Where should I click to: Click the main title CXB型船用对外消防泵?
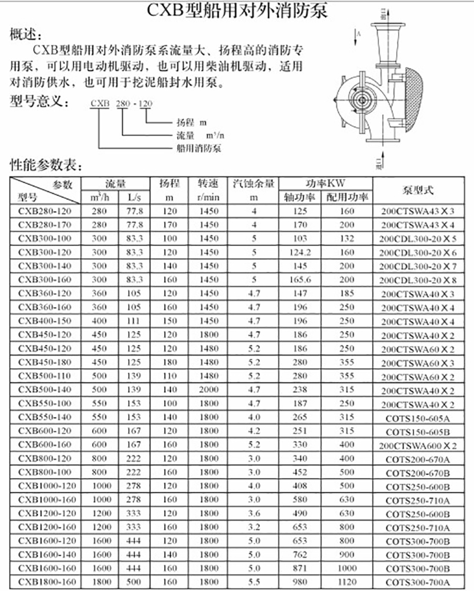(x=237, y=11)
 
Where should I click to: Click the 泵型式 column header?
(x=423, y=190)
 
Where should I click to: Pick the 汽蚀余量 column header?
(x=254, y=184)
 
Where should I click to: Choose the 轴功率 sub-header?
(x=300, y=198)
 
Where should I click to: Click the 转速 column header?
(x=209, y=184)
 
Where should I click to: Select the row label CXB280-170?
(x=44, y=224)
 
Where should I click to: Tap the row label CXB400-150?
(x=44, y=321)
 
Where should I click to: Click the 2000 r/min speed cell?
(x=209, y=389)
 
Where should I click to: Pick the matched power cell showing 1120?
(x=347, y=582)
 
